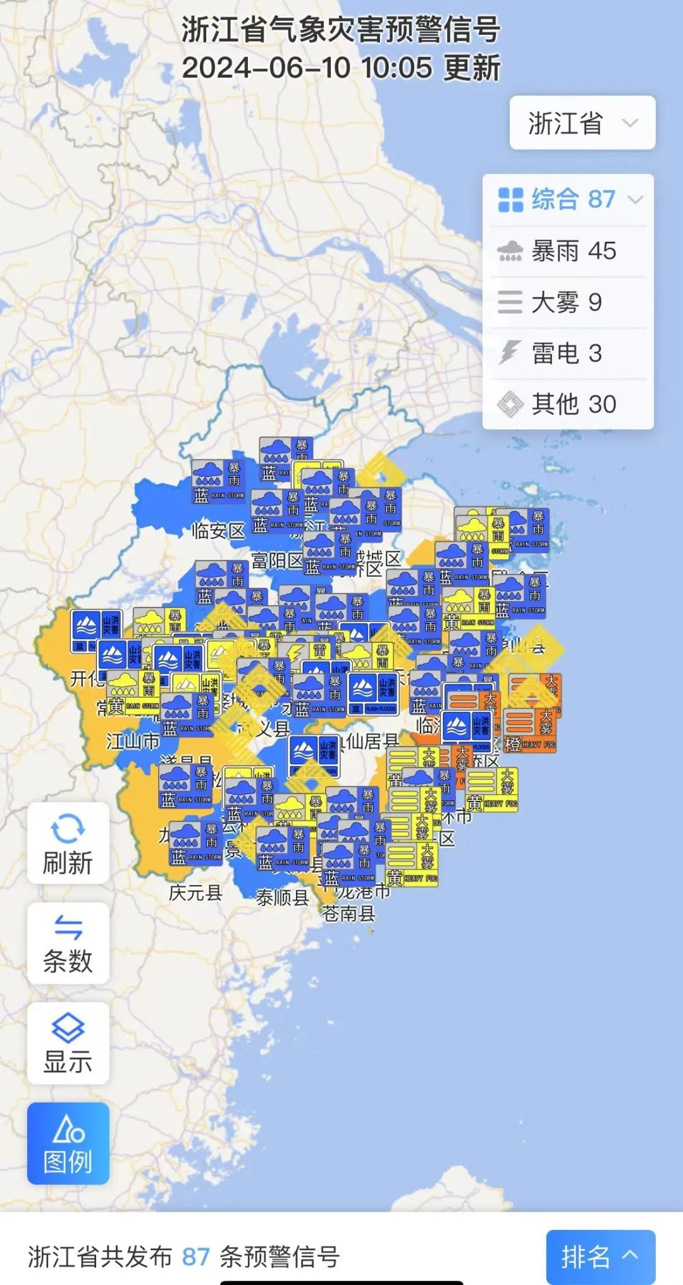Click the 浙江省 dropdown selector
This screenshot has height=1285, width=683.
tap(582, 123)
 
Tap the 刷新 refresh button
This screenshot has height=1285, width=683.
tap(68, 843)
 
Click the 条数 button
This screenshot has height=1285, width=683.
tap(68, 943)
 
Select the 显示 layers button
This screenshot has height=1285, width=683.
tap(68, 1043)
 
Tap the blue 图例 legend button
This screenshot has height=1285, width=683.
tap(68, 1143)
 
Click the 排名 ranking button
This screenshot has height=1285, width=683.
tap(600, 1257)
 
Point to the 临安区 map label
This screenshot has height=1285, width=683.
tap(218, 530)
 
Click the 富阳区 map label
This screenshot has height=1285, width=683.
tap(277, 560)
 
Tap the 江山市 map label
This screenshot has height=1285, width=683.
tap(133, 740)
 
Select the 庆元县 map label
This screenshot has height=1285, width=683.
tap(195, 892)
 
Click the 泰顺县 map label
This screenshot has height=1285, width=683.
tap(282, 897)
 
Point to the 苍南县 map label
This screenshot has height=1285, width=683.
tap(348, 913)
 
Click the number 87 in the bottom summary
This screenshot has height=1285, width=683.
tap(195, 1257)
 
